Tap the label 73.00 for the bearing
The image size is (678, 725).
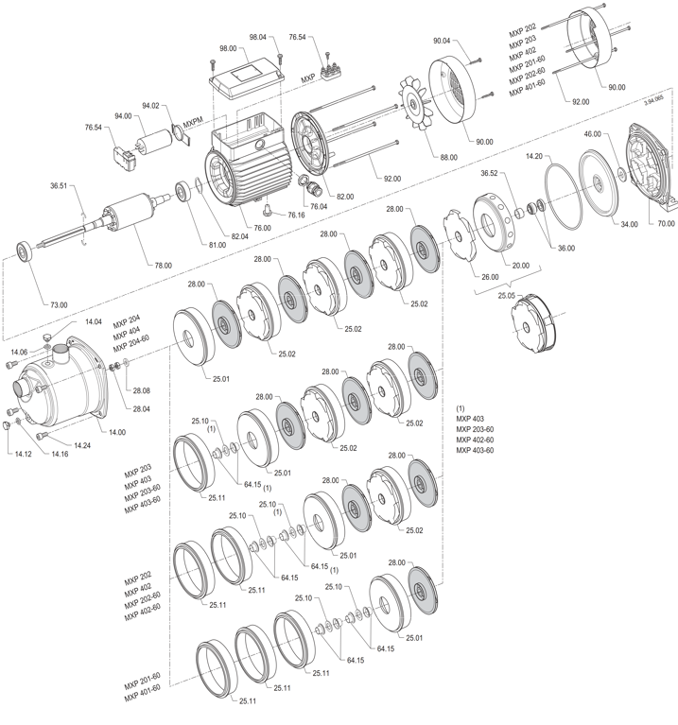click(x=59, y=304)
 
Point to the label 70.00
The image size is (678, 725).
click(x=666, y=224)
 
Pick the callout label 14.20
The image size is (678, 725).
click(x=533, y=155)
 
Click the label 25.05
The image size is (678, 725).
click(x=507, y=295)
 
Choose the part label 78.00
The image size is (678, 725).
click(x=163, y=266)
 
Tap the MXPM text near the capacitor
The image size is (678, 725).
click(x=194, y=120)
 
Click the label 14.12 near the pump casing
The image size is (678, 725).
click(x=22, y=453)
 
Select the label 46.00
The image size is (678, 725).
click(x=593, y=135)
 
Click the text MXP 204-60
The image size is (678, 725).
click(x=131, y=337)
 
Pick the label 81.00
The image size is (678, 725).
click(x=217, y=245)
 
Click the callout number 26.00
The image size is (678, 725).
click(x=490, y=277)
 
